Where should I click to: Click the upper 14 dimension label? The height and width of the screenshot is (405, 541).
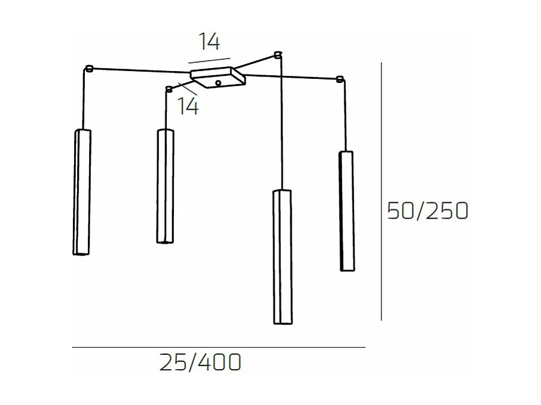(x=210, y=42)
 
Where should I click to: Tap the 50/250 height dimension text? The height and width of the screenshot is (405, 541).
(x=427, y=211)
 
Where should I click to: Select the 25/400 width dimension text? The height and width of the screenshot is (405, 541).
(x=200, y=363)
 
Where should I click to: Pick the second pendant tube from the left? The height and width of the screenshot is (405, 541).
(x=165, y=186)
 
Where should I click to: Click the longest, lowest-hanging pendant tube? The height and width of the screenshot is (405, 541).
(x=282, y=257)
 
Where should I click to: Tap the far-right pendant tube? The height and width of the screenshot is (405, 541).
(x=346, y=210)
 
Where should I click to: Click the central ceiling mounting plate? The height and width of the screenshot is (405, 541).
(x=217, y=78)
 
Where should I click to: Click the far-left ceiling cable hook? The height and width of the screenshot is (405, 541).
(x=90, y=68)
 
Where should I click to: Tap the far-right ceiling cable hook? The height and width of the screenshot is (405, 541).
(x=340, y=79)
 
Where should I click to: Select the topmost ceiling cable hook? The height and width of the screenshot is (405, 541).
(x=277, y=55)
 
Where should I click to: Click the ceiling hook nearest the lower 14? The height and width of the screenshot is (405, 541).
(x=169, y=89)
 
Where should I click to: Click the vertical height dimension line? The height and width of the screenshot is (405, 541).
(x=381, y=191)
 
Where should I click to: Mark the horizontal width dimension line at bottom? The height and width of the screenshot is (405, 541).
(x=218, y=347)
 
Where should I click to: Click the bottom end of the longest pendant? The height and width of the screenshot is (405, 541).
(x=283, y=323)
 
